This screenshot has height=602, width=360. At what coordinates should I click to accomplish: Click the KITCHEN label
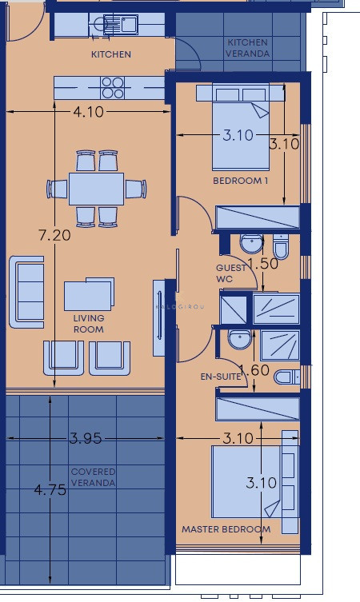(111, 54)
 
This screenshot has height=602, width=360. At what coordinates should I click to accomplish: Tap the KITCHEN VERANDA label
(247, 48)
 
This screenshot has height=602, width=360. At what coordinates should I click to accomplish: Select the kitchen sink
(120, 24)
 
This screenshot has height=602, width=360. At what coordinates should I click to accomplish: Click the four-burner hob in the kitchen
(113, 88)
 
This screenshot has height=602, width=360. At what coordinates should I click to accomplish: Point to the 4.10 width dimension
(88, 112)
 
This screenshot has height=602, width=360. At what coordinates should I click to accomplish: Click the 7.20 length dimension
(55, 235)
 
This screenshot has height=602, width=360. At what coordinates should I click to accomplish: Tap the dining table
(97, 189)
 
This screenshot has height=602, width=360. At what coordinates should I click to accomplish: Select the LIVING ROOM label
(89, 324)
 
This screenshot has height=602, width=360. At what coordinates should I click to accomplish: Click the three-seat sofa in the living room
(26, 292)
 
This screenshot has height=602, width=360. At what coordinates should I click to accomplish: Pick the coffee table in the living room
(89, 293)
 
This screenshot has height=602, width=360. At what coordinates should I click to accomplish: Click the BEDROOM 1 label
(241, 181)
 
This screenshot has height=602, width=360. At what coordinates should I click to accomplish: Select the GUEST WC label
(230, 273)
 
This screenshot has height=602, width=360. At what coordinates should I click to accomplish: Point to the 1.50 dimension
(262, 263)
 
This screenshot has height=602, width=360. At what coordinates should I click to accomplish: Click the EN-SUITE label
(221, 377)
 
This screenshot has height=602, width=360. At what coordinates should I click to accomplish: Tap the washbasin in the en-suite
(240, 340)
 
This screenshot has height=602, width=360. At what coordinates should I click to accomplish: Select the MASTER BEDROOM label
(226, 529)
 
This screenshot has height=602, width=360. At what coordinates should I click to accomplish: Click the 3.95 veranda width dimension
(86, 438)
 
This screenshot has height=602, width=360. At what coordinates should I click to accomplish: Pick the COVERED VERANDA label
(93, 477)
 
